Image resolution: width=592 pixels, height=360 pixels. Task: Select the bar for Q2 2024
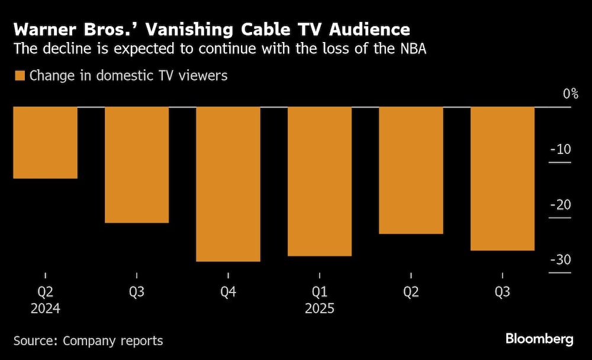click(46, 143)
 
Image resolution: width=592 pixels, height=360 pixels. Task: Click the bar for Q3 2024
click(137, 165)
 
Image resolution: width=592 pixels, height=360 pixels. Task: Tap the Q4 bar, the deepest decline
click(228, 184)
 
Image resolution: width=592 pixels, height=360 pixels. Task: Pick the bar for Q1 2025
click(319, 181)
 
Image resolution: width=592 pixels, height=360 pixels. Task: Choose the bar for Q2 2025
click(411, 171)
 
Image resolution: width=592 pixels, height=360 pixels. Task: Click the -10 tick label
click(560, 149)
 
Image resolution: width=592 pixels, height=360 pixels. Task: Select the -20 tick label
click(560, 205)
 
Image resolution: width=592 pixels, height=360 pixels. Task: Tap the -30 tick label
click(560, 261)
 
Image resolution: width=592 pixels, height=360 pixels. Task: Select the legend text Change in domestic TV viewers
click(128, 76)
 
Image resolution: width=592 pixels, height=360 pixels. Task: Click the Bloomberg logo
click(539, 339)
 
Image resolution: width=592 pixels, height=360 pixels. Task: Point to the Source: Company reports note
click(88, 340)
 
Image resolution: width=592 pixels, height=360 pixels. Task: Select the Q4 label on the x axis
click(228, 292)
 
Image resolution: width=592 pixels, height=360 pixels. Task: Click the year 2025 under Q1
click(319, 309)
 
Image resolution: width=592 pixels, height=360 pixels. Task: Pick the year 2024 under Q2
click(46, 309)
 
